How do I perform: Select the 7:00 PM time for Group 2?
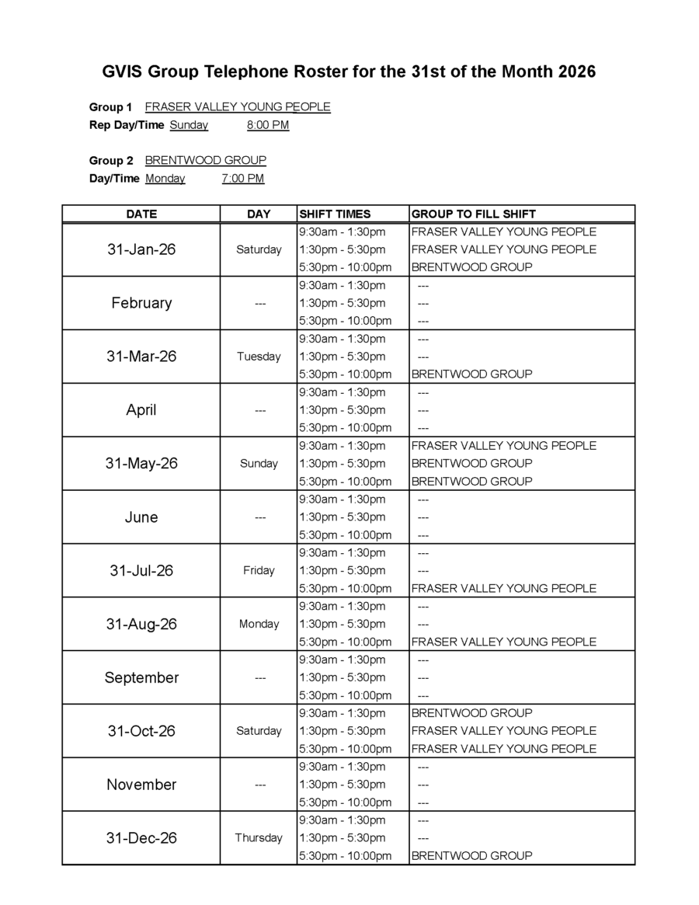(x=242, y=179)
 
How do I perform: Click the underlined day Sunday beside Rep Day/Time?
(x=189, y=125)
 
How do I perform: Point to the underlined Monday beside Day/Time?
(x=165, y=179)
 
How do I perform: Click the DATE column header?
(x=141, y=214)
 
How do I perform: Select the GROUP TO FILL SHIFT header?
(x=473, y=214)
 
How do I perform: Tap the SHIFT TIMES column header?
(x=335, y=214)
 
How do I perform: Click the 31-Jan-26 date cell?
(x=141, y=249)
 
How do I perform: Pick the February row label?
(x=141, y=303)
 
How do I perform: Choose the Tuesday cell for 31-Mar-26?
(x=259, y=357)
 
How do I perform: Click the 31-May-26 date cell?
(x=141, y=463)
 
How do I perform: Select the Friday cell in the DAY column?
(x=259, y=570)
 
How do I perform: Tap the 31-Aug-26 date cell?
(x=141, y=624)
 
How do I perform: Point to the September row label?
(x=141, y=677)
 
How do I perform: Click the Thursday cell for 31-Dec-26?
(x=259, y=837)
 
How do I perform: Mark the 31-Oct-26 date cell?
(x=141, y=731)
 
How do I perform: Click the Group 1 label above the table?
(x=110, y=107)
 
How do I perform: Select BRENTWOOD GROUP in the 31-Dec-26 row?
(x=471, y=855)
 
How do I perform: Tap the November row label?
(x=141, y=785)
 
